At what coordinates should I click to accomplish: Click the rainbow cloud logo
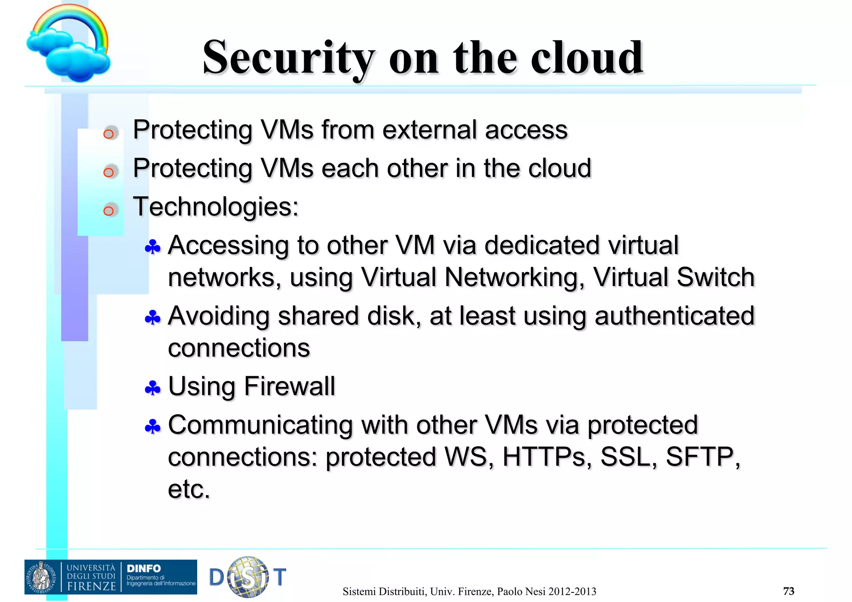pyautogui.click(x=69, y=44)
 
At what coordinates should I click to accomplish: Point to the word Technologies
pyautogui.click(x=215, y=207)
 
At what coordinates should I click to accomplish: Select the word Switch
pyautogui.click(x=716, y=277)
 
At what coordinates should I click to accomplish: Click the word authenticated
pyautogui.click(x=674, y=316)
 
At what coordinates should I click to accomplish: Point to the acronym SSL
pyautogui.click(x=628, y=457)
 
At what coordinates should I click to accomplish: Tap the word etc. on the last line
pyautogui.click(x=189, y=489)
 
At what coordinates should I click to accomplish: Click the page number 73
pyautogui.click(x=788, y=591)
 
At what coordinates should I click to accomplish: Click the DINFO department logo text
pyautogui.click(x=144, y=568)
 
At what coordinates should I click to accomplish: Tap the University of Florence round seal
pyautogui.click(x=42, y=577)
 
